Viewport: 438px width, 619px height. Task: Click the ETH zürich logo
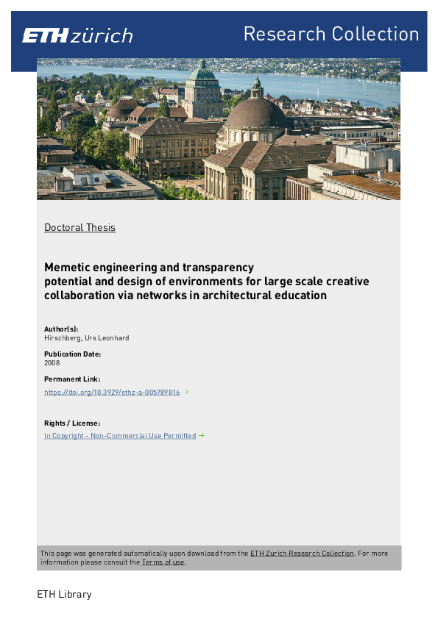[x=77, y=35]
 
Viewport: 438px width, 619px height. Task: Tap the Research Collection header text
[x=331, y=34]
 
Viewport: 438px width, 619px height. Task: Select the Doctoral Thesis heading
[x=80, y=227]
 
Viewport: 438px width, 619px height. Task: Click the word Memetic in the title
[x=66, y=268]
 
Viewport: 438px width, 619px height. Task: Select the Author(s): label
[x=61, y=329]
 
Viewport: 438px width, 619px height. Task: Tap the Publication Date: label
[x=72, y=354]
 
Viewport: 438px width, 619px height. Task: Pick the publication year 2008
[x=52, y=362]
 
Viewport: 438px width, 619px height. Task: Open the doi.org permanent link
[x=112, y=393]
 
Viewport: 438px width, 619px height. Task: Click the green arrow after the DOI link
[x=187, y=392]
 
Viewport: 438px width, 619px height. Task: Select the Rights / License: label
[x=72, y=423]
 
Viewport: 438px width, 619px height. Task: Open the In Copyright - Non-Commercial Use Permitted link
[x=120, y=436]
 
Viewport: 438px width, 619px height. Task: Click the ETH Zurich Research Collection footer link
[x=302, y=553]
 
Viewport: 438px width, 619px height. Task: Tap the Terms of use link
[x=163, y=562]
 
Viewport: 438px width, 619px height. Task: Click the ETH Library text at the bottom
[x=64, y=594]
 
